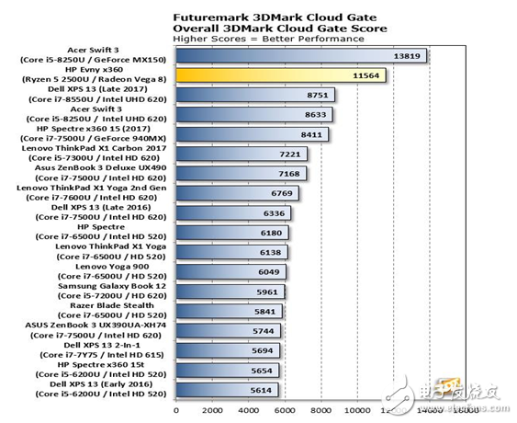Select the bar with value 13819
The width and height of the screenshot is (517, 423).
[x=303, y=56]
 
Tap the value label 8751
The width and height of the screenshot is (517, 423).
[x=319, y=95]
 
